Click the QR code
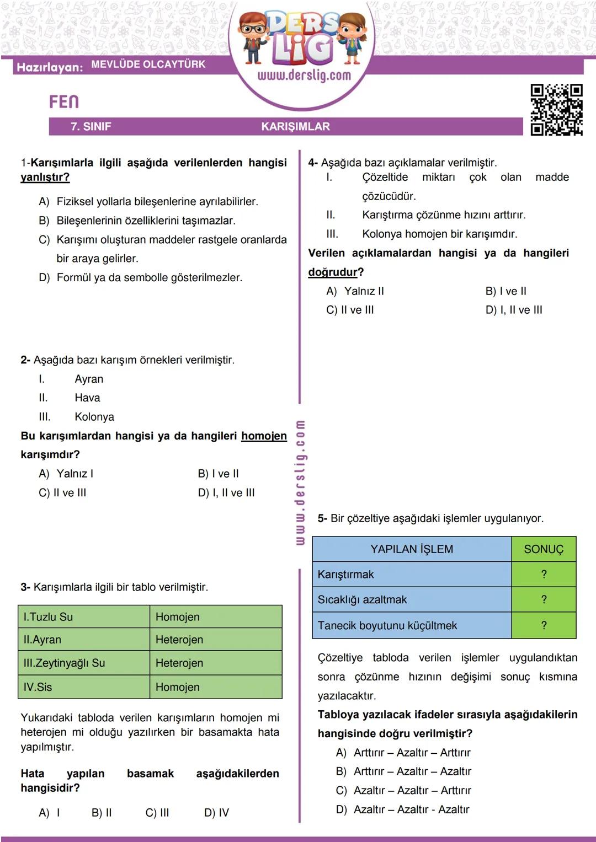pyautogui.click(x=556, y=110)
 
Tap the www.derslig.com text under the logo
pyautogui.click(x=304, y=76)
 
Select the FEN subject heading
pyautogui.click(x=64, y=102)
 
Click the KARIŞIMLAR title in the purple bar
pyautogui.click(x=295, y=127)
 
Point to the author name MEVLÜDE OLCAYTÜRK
pyautogui.click(x=148, y=65)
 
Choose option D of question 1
pyautogui.click(x=141, y=277)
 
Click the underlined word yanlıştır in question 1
pyautogui.click(x=45, y=177)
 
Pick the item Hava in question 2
pyautogui.click(x=87, y=398)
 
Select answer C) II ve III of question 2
pyautogui.click(x=62, y=493)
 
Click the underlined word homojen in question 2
pyautogui.click(x=264, y=436)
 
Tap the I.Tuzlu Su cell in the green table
pyautogui.click(x=48, y=617)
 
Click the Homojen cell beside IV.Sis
pyautogui.click(x=178, y=687)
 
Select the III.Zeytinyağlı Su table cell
pyautogui.click(x=64, y=663)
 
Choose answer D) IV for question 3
pyautogui.click(x=216, y=813)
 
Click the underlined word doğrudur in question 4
pyautogui.click(x=333, y=272)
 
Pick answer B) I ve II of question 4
pyautogui.click(x=505, y=291)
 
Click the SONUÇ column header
pyautogui.click(x=544, y=549)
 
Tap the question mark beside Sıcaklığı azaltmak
pyautogui.click(x=544, y=599)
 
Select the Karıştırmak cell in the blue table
pyautogui.click(x=346, y=575)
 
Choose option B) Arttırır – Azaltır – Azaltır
pyautogui.click(x=403, y=771)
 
